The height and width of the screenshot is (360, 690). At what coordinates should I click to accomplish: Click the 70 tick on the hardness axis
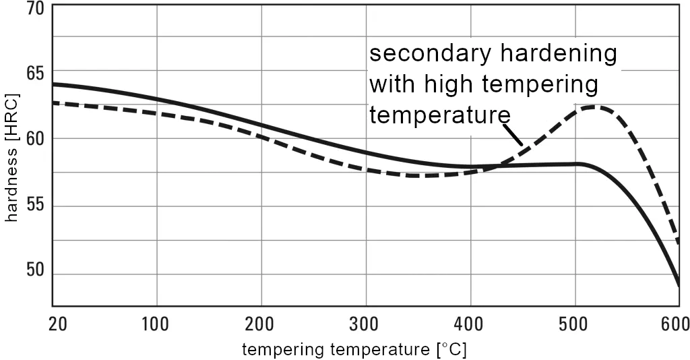pos(34,9)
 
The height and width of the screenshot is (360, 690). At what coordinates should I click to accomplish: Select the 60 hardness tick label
pos(34,139)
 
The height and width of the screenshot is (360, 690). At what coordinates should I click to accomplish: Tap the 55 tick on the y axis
pos(34,206)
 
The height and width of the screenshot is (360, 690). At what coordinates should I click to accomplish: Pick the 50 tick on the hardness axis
pos(34,271)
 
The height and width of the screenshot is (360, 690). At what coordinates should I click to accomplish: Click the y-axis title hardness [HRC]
pos(11,159)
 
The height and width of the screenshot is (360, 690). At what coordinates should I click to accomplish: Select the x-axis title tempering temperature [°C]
pos(354,349)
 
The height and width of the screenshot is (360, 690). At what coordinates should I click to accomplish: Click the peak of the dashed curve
pos(595,107)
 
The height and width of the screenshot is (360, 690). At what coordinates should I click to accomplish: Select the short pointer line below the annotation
pos(514,134)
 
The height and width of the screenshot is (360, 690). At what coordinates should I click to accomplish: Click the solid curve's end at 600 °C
pos(679,286)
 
